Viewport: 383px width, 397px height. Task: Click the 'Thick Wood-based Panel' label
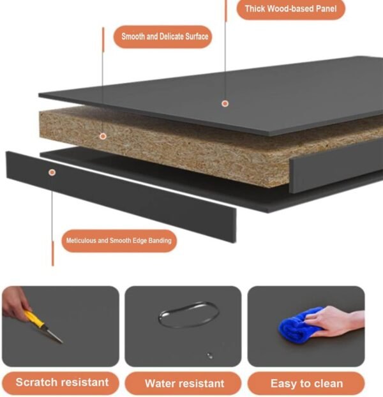[290, 9]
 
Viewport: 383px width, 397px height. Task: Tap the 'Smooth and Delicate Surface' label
[165, 36]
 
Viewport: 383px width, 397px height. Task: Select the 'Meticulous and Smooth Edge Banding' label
[119, 241]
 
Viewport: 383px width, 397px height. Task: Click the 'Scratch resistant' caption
[62, 382]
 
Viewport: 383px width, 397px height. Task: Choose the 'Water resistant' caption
[184, 384]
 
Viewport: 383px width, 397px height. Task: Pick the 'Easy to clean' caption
[306, 384]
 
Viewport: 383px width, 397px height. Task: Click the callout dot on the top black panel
[225, 103]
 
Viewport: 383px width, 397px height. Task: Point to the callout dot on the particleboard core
[103, 137]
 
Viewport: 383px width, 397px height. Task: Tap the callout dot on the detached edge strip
[52, 172]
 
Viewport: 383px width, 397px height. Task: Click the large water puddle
[188, 315]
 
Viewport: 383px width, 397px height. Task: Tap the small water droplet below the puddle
[210, 356]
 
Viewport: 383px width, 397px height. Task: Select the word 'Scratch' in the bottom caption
[34, 382]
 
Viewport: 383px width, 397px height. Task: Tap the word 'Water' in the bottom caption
[161, 384]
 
